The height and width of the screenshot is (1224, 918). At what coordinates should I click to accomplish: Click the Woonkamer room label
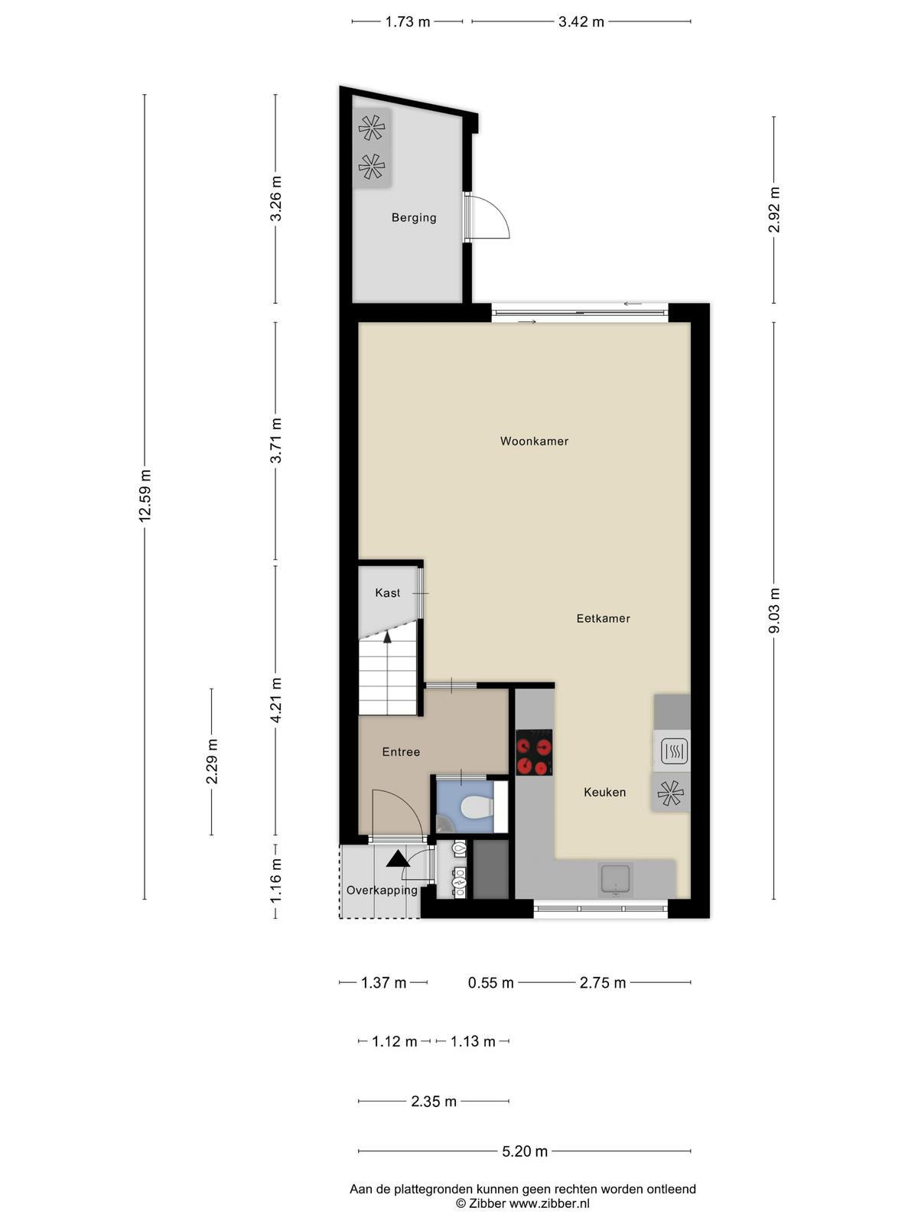pos(533,441)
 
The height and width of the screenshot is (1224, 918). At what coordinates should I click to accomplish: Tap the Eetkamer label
pos(603,618)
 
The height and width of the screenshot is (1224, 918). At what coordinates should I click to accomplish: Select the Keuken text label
pos(604,792)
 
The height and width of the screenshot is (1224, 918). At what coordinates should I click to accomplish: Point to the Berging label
pos(414,217)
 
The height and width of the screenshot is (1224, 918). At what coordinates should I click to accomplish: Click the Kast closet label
pos(387,593)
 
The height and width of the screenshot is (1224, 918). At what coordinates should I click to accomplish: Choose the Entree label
pos(401,752)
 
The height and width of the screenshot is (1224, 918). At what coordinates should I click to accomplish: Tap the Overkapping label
pos(382,890)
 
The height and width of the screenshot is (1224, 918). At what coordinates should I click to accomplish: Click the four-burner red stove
pos(534,753)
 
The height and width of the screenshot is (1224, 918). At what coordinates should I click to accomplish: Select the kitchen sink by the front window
pos(614,881)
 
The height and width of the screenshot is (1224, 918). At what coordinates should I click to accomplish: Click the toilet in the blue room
pos(477,806)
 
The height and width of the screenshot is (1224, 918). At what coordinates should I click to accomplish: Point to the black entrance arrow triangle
pos(397,859)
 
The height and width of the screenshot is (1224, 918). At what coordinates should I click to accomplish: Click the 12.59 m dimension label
pos(145,496)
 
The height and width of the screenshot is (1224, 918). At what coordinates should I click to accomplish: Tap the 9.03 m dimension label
pos(774,610)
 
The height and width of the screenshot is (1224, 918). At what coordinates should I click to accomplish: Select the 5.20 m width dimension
pos(525,1151)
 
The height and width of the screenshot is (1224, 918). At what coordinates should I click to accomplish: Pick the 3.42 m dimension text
pos(581,21)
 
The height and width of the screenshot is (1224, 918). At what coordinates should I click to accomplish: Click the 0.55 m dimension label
pos(490,982)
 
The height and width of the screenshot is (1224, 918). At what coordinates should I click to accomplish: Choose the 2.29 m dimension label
pos(212,761)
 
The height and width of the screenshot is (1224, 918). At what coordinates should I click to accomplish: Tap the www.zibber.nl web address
pos(549,1203)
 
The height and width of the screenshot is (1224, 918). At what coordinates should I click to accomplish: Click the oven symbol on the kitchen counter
pos(673,751)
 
